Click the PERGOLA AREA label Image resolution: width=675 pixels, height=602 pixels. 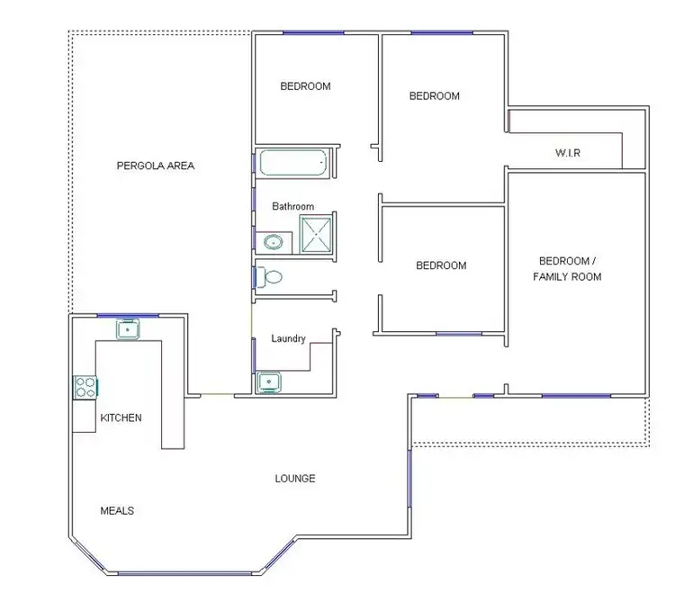(x=156, y=166)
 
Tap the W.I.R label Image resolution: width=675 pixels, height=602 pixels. (x=567, y=153)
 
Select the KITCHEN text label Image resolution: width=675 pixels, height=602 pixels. (x=121, y=418)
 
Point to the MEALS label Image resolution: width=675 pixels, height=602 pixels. (x=117, y=510)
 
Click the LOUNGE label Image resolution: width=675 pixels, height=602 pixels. (x=295, y=478)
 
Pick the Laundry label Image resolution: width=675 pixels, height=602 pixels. (x=288, y=338)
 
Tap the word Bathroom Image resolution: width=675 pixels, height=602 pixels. (x=293, y=206)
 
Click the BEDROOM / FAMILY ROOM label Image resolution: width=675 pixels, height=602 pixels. (x=567, y=268)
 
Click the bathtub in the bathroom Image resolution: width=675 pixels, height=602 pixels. (x=292, y=165)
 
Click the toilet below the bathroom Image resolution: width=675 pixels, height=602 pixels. (x=273, y=276)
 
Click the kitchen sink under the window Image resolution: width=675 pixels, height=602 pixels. (x=129, y=329)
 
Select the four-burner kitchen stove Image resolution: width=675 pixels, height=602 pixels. (x=86, y=387)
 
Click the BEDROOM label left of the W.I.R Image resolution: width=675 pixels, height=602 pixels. (x=435, y=95)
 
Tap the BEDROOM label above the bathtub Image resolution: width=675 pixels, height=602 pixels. (x=305, y=86)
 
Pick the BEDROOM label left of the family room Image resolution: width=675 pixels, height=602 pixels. (x=441, y=265)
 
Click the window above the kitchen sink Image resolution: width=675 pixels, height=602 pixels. (x=128, y=315)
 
